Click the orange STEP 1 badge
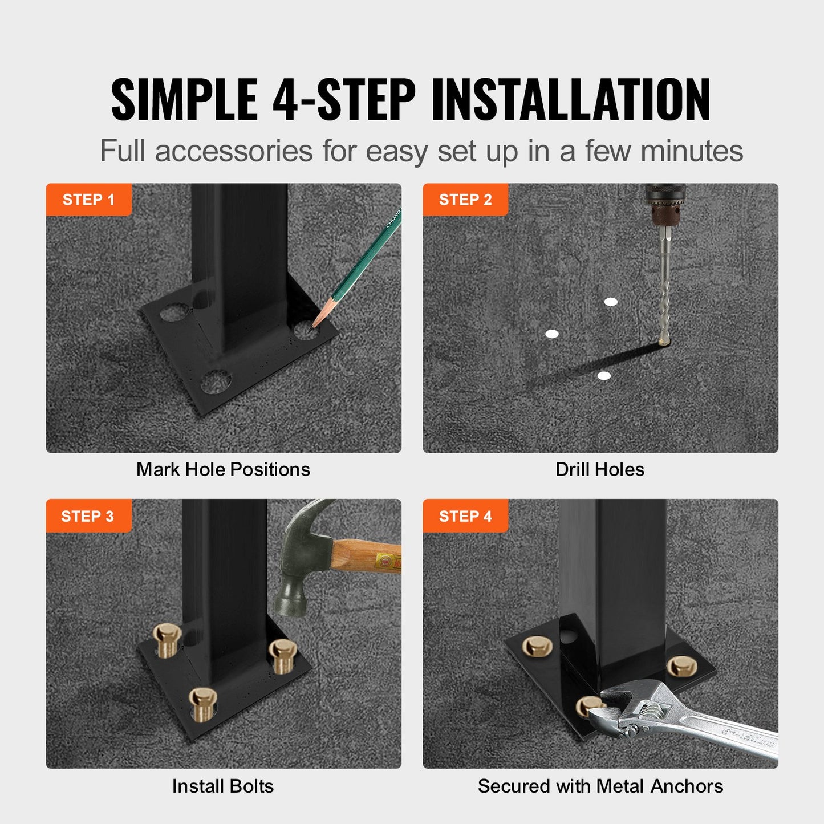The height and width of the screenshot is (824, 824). pyautogui.click(x=88, y=200)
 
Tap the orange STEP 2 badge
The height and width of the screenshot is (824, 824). pyautogui.click(x=465, y=200)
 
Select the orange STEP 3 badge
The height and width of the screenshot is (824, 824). pyautogui.click(x=88, y=516)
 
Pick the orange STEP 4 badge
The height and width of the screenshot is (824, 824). pyautogui.click(x=465, y=516)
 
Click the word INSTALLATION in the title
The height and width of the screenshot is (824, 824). pyautogui.click(x=570, y=100)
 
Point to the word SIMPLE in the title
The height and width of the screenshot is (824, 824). pyautogui.click(x=184, y=100)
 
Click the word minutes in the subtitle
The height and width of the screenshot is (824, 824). pyautogui.click(x=691, y=152)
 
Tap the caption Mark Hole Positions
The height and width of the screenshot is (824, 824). pyautogui.click(x=223, y=469)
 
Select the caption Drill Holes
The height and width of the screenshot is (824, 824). pyautogui.click(x=600, y=469)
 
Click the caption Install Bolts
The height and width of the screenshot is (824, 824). pyautogui.click(x=223, y=786)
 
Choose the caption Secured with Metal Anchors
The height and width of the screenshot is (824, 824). pyautogui.click(x=600, y=786)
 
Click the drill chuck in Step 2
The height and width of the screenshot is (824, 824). pyautogui.click(x=664, y=205)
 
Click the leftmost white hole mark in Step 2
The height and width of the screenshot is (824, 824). pyautogui.click(x=551, y=334)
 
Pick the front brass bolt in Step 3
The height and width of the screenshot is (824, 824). pyautogui.click(x=202, y=703)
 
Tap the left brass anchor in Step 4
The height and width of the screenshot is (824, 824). pyautogui.click(x=537, y=646)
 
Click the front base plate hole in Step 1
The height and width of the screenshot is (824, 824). pyautogui.click(x=216, y=381)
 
